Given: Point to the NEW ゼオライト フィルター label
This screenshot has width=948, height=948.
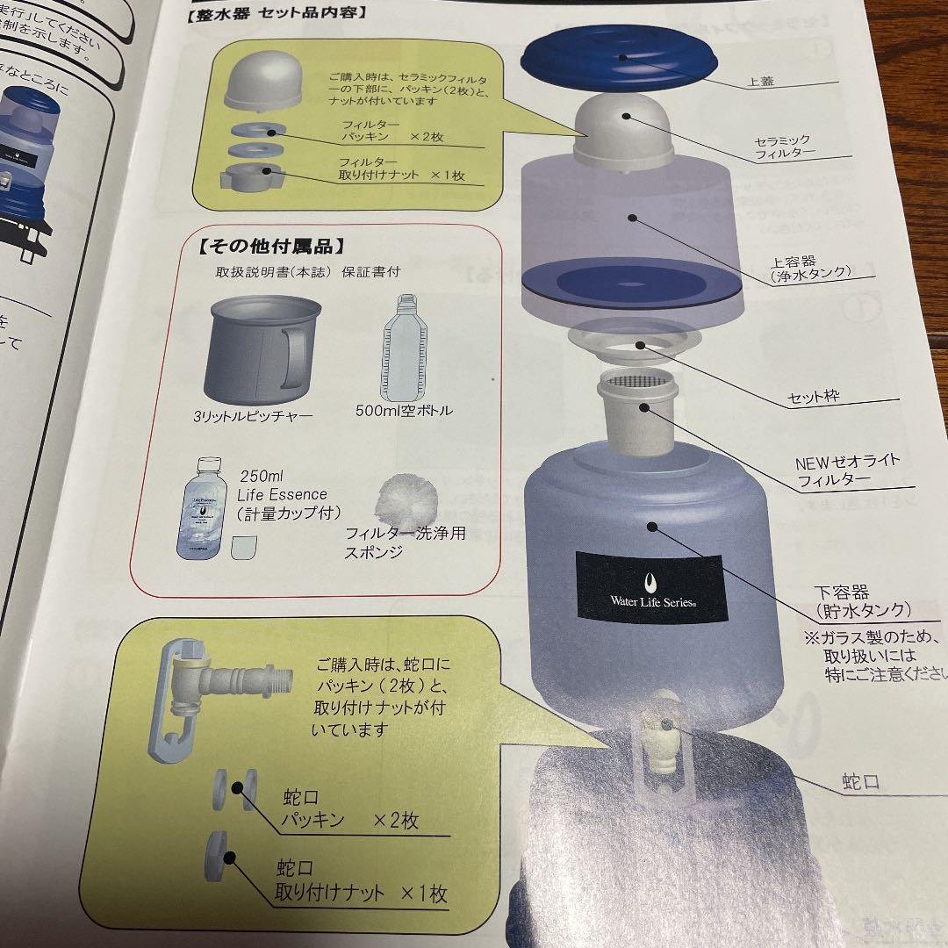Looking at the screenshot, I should [847, 470].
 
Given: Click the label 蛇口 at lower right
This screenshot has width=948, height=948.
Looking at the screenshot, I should [859, 781].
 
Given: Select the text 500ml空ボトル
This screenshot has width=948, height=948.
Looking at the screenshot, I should [405, 410].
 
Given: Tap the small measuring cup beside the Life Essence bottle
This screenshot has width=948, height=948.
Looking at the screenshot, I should [243, 547].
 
